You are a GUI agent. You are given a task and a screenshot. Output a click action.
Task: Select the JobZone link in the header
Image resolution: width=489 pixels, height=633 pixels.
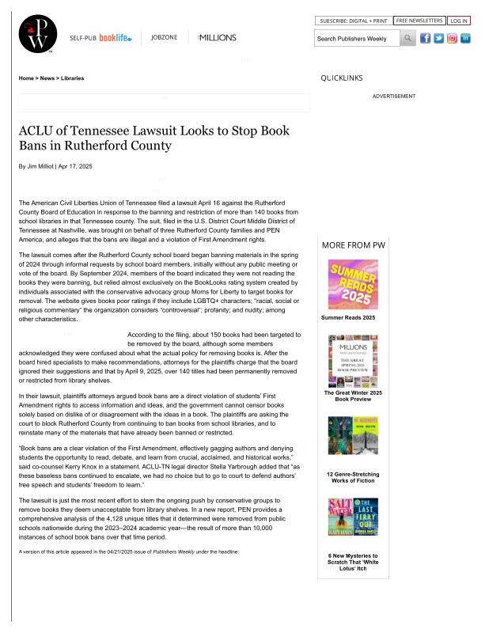(x=164, y=37)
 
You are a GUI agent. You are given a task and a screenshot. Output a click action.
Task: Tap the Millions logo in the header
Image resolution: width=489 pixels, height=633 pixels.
(x=217, y=37)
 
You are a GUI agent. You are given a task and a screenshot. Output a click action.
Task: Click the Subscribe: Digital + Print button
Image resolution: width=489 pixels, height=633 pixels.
(x=353, y=21)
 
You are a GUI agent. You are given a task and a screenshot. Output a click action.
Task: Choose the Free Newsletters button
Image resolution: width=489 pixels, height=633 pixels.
(x=419, y=21)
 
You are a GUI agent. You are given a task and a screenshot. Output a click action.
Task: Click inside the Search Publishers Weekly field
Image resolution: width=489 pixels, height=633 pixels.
(x=356, y=38)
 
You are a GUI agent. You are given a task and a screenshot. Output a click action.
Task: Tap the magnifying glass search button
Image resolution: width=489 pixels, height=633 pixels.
(x=407, y=38)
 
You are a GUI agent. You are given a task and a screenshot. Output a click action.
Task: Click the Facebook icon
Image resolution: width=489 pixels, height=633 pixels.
(x=426, y=38)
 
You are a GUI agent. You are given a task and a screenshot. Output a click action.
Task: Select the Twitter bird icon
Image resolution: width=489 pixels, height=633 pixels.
(x=438, y=38)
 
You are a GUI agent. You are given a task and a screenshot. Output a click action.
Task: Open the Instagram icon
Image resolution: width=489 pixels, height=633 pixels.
(x=452, y=38)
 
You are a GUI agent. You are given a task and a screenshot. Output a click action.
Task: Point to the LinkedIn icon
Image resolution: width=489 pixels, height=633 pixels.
(x=465, y=38)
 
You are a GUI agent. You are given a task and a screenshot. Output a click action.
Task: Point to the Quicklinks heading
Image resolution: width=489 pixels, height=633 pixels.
(x=342, y=78)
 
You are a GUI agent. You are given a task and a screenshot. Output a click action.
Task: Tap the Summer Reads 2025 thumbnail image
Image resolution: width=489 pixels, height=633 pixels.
(x=353, y=284)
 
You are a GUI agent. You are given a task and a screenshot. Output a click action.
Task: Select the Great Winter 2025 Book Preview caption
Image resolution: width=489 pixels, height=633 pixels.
(x=353, y=396)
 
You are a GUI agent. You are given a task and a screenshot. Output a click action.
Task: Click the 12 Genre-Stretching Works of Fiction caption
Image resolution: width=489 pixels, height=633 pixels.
(x=353, y=477)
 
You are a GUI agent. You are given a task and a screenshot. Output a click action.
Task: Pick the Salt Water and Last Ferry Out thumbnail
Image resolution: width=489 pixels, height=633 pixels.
(x=353, y=517)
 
